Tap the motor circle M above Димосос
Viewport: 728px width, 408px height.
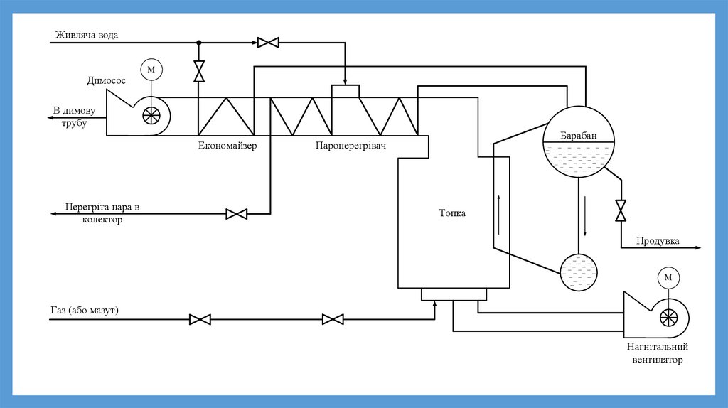[x=151, y=70]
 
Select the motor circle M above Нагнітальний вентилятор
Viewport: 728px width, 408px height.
[x=668, y=277]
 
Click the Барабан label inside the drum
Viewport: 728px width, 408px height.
[x=579, y=136]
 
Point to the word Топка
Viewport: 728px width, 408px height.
[x=452, y=213]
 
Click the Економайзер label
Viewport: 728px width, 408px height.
[x=227, y=146]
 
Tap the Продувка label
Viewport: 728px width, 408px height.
[x=658, y=241]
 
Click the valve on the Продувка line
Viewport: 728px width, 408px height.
[x=621, y=210]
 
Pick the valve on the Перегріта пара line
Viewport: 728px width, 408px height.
[x=236, y=213]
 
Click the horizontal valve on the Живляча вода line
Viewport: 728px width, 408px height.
[x=268, y=43]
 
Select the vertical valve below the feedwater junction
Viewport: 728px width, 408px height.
[x=199, y=71]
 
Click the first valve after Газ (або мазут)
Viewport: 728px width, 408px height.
[x=200, y=319]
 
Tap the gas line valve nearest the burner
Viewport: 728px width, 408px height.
[x=333, y=319]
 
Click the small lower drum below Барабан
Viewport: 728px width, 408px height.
[x=579, y=272]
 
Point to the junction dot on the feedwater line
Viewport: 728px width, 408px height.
[x=199, y=43]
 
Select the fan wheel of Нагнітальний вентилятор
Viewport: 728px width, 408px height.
[x=668, y=318]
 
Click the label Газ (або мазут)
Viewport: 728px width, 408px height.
[x=85, y=311]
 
